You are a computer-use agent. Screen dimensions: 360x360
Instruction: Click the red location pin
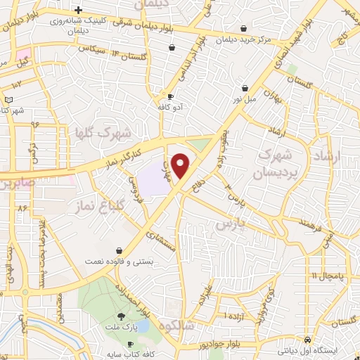tap(181, 165)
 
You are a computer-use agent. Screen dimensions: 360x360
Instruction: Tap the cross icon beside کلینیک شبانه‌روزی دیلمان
tap(78, 10)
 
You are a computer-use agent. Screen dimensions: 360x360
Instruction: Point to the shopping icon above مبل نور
tap(244, 89)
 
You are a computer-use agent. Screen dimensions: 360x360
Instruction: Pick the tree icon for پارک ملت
tap(120, 316)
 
